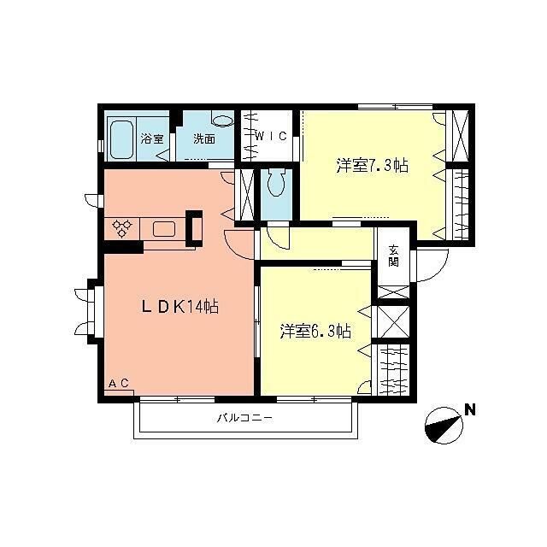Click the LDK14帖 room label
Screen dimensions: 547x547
[179, 307]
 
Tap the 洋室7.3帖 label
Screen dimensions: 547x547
[373, 165]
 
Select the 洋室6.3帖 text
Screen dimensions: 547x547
[315, 331]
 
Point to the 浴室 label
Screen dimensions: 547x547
[152, 138]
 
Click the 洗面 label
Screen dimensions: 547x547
[204, 138]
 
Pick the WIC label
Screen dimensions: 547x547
[272, 136]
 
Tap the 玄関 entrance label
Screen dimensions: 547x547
[394, 256]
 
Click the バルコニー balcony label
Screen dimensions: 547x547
[244, 418]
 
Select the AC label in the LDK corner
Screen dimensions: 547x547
[119, 383]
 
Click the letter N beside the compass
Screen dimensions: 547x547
[470, 410]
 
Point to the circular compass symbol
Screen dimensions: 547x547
[444, 426]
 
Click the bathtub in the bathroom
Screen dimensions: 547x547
[121, 139]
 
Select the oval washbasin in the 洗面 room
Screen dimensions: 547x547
[223, 121]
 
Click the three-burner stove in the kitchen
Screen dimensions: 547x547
[122, 228]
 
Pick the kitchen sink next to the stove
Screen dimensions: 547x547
[164, 229]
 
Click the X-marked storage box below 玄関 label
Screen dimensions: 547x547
[393, 292]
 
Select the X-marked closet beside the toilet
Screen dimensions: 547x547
[246, 195]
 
